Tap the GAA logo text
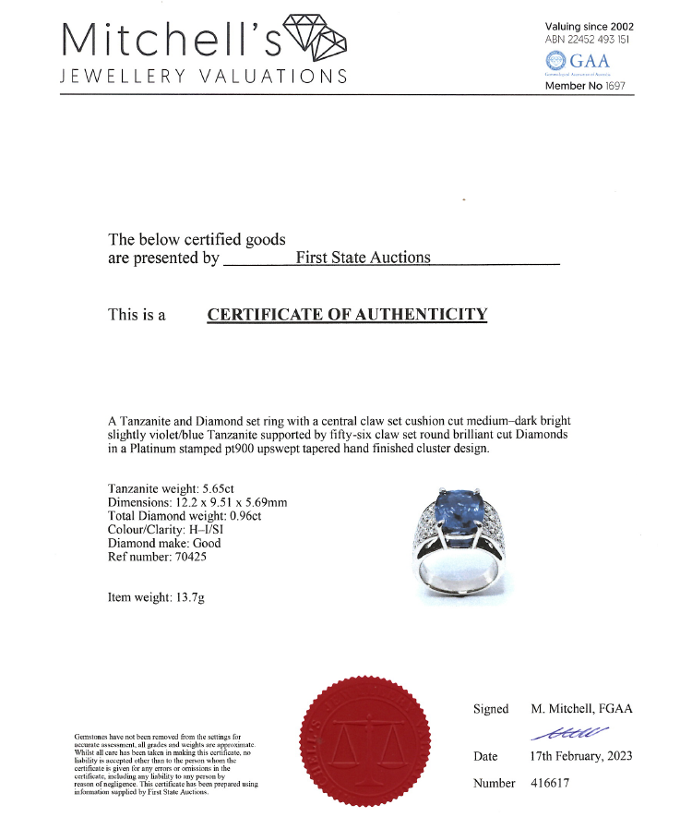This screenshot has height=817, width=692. (x=590, y=61)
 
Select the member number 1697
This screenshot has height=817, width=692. (x=615, y=86)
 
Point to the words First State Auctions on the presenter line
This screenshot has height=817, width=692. (x=363, y=258)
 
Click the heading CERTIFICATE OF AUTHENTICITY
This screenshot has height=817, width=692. (x=347, y=315)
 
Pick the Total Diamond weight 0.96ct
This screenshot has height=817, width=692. (x=245, y=516)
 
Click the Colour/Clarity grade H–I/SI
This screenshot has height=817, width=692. (x=210, y=530)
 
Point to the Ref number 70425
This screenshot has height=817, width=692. (x=191, y=557)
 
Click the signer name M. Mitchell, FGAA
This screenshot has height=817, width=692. (x=581, y=709)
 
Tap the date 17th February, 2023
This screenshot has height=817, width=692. (x=581, y=756)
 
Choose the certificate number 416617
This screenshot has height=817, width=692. (x=552, y=783)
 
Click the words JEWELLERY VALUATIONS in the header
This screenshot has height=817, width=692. (x=203, y=77)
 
